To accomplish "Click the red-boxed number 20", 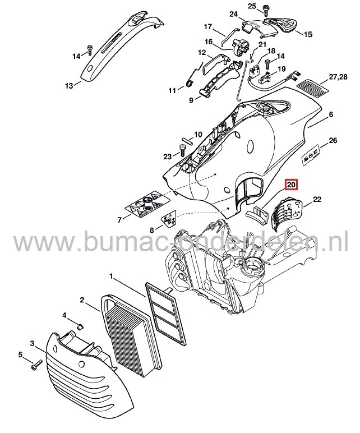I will (292, 185).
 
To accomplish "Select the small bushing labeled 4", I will (79, 326).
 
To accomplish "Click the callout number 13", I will (69, 86).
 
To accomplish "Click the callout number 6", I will (330, 114).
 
